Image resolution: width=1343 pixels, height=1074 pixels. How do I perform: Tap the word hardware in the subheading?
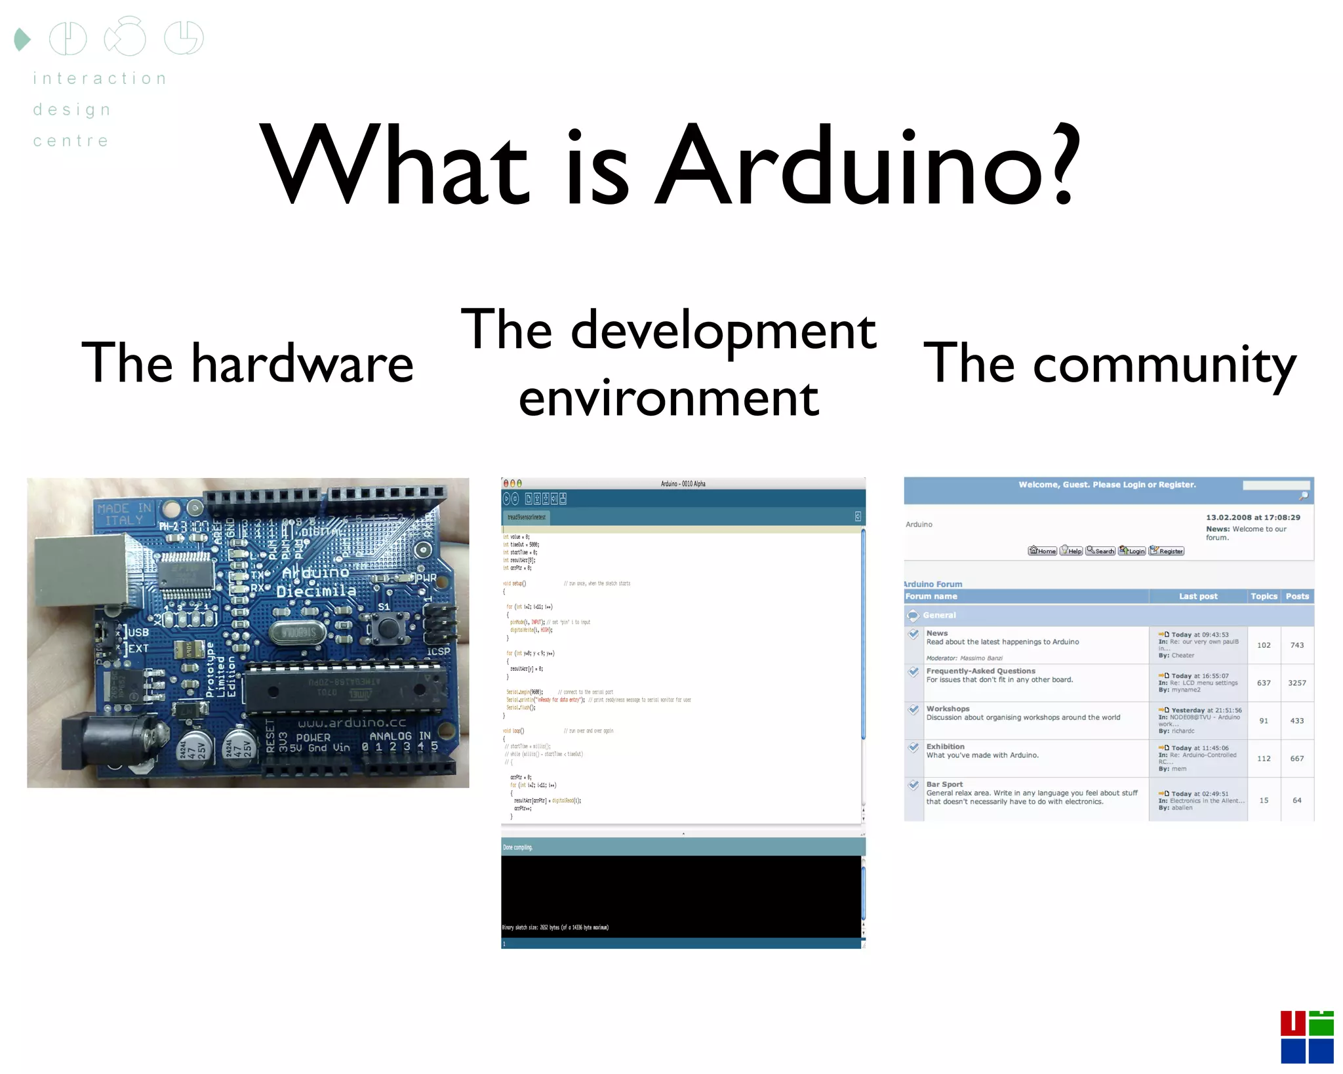[x=302, y=364]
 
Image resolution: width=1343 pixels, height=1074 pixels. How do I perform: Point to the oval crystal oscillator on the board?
[x=298, y=632]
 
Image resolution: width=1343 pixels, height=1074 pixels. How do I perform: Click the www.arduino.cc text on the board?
[x=352, y=723]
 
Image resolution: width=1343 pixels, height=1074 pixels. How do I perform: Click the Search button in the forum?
[x=1100, y=551]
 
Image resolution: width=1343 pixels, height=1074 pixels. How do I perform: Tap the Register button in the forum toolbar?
[x=1167, y=551]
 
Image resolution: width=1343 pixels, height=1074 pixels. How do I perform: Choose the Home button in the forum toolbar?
[x=1042, y=551]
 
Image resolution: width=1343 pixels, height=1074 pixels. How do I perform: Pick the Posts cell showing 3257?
[x=1296, y=683]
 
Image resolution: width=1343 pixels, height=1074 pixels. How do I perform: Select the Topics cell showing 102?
[x=1263, y=645]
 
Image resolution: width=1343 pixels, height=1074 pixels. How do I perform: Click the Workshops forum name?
[x=948, y=709]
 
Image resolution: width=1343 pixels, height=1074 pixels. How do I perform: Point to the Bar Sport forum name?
[x=944, y=784]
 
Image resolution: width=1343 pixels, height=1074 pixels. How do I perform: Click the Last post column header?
[x=1197, y=596]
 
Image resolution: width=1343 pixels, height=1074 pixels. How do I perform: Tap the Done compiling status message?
[x=518, y=847]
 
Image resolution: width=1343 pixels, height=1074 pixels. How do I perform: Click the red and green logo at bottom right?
[x=1306, y=1037]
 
